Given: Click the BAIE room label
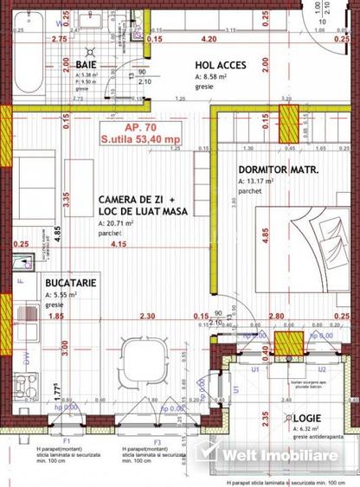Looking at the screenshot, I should pos(85,63).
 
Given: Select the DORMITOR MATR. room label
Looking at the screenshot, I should pos(279,170).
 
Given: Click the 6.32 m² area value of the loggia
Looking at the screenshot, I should pos(308,428).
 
